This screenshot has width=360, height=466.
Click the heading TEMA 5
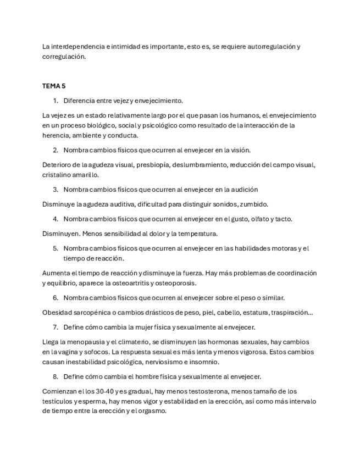(x=54, y=86)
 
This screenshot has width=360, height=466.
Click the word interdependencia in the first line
(x=78, y=47)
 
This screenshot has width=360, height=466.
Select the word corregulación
(x=64, y=57)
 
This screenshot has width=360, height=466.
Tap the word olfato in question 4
(x=257, y=219)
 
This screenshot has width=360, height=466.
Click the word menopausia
(x=82, y=342)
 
